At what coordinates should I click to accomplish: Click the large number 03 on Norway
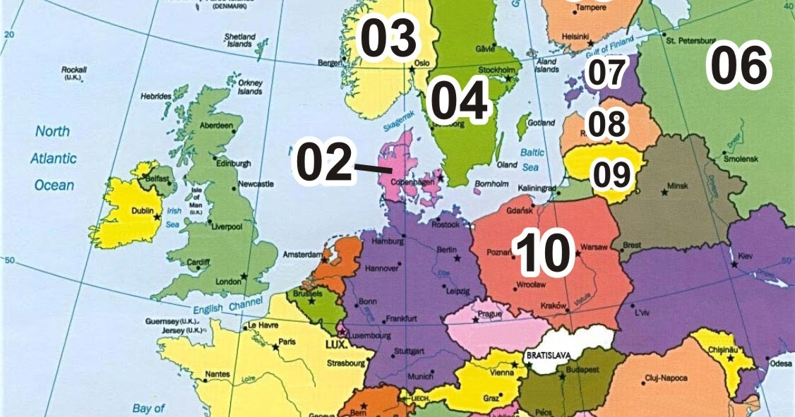tap(389, 40)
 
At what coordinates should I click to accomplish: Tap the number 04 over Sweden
tap(459, 101)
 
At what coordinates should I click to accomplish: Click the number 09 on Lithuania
tap(610, 175)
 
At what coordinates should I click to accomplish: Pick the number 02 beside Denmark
tap(323, 161)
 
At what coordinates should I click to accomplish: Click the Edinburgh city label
tap(233, 164)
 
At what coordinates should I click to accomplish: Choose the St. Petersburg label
tap(691, 41)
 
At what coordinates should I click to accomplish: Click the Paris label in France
tap(286, 342)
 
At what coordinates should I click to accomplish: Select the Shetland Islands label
tap(239, 40)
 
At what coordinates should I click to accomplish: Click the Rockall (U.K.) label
tap(73, 73)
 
